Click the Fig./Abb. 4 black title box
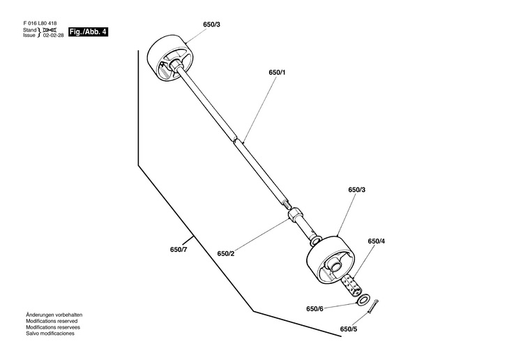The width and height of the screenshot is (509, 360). (88, 32)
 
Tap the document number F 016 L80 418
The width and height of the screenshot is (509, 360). (40, 24)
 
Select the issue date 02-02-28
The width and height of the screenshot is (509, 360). (54, 35)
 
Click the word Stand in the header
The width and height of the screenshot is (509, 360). (29, 30)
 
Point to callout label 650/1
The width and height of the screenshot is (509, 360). (277, 72)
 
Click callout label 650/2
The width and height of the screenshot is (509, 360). (226, 253)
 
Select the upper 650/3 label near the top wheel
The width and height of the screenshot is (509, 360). (212, 24)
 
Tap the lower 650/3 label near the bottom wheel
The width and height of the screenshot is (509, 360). (357, 190)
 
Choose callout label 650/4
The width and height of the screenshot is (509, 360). (377, 241)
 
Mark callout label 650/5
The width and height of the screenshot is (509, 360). (349, 329)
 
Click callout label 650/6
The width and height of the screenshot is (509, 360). (314, 308)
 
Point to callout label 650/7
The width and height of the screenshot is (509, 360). (178, 250)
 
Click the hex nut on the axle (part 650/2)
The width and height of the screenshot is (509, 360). (295, 215)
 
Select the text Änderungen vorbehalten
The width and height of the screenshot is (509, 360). (54, 315)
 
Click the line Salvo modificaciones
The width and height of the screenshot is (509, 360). (50, 333)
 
